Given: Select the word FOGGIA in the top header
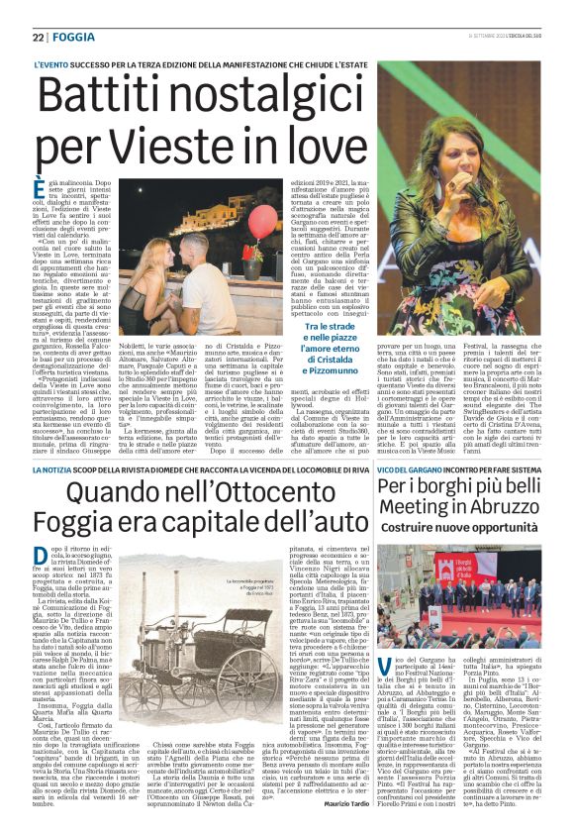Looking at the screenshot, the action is point(74,37).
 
